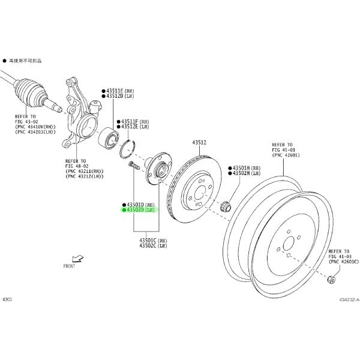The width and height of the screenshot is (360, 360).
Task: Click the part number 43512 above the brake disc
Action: click(199, 142)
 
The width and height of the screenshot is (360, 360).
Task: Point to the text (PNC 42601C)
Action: click(343, 262)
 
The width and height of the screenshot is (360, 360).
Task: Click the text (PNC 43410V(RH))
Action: click(38, 127)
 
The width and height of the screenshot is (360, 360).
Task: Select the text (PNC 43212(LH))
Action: click(84, 178)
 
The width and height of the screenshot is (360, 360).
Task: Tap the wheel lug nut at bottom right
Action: click(331, 280)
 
